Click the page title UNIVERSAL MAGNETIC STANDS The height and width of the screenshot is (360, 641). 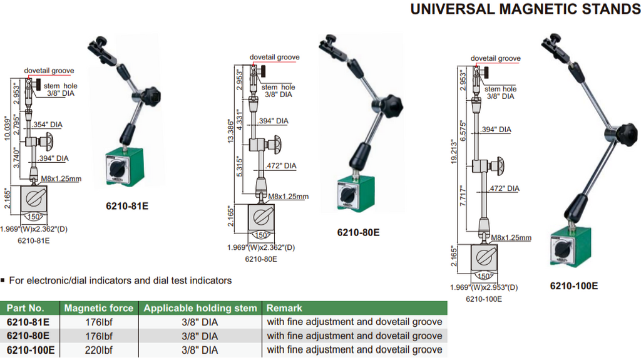click(525, 9)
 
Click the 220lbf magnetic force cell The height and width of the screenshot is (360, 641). click(98, 350)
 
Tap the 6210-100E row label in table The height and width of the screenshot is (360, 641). click(31, 350)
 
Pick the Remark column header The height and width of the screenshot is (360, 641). click(284, 308)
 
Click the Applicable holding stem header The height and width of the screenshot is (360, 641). click(200, 308)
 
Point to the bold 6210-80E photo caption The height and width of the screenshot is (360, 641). click(358, 232)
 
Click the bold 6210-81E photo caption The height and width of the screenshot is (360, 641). click(127, 205)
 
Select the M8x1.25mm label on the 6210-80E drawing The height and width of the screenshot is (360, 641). click(288, 197)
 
